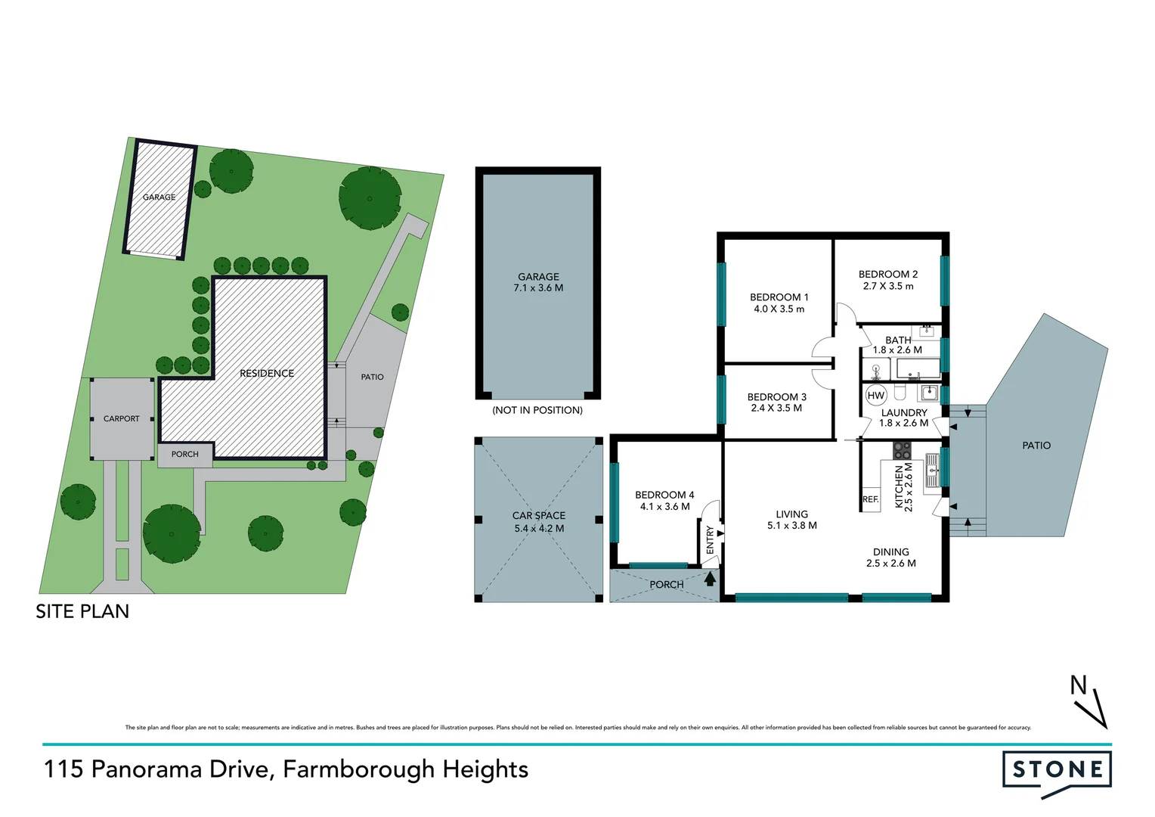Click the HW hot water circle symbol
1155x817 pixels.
click(875, 396)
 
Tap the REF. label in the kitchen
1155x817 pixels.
click(871, 499)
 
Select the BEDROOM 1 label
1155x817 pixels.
click(779, 297)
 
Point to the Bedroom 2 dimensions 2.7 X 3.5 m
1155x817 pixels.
click(888, 287)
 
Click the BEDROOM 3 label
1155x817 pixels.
click(776, 397)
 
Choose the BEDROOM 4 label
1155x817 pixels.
click(664, 495)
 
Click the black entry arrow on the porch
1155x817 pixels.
click(710, 579)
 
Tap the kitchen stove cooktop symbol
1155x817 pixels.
click(903, 451)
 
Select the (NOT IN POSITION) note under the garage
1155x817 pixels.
click(537, 410)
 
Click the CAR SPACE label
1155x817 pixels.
click(539, 515)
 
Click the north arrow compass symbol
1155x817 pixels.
click(1089, 703)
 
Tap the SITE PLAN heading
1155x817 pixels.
click(82, 611)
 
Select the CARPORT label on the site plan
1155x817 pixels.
click(122, 418)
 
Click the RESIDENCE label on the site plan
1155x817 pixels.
click(267, 373)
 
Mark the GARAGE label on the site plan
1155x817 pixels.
click(159, 197)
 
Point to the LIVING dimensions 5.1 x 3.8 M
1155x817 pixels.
click(791, 526)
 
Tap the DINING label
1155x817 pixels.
click(890, 552)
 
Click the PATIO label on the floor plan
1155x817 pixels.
click(1036, 446)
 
